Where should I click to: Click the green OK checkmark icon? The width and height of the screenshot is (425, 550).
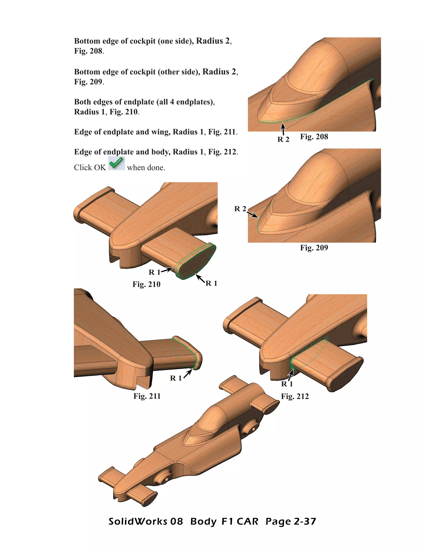(x=116, y=163)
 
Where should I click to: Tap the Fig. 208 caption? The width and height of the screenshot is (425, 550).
(x=314, y=137)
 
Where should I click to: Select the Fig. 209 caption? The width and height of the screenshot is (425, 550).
(x=314, y=248)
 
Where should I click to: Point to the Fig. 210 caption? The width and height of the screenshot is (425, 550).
(x=146, y=284)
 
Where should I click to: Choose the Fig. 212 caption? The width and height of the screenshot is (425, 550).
(x=295, y=396)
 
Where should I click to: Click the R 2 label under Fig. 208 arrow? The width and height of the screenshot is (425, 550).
(x=283, y=139)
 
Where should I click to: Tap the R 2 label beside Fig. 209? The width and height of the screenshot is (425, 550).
(x=240, y=209)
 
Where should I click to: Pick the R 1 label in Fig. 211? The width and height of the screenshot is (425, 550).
(x=176, y=378)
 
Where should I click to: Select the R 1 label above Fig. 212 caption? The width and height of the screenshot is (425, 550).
(x=287, y=384)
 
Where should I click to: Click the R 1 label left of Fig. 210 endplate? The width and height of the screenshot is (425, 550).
(x=154, y=272)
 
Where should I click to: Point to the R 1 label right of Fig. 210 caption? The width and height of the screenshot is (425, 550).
(x=211, y=283)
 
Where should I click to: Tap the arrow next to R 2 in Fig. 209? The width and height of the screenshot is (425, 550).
(x=253, y=214)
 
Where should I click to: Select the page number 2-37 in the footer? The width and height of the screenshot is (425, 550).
(x=305, y=522)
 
